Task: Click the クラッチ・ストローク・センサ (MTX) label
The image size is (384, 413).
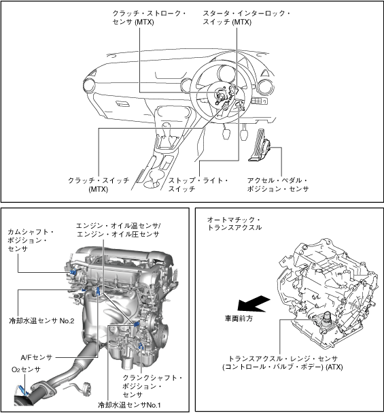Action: pos(149,18)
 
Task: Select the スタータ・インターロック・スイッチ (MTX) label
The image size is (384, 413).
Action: pos(246,18)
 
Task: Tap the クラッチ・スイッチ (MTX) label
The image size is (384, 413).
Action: pos(99,184)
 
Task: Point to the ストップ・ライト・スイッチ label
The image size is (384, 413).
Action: pos(198,184)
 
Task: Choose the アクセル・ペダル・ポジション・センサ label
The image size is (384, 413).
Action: pos(278,184)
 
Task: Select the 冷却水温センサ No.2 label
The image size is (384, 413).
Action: pos(41,320)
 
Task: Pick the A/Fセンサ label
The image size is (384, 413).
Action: pos(37,357)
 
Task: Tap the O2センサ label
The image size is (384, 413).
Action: pos(26,369)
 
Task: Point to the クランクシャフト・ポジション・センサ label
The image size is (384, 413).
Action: pos(152,386)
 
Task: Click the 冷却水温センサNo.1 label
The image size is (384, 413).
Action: pos(129,405)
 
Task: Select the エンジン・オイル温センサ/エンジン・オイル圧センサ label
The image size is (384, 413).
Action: pos(118,230)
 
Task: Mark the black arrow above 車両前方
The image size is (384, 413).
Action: pos(254,303)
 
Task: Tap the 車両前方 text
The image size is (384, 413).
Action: pos(239,318)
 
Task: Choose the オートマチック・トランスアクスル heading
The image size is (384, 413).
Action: pos(234,223)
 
